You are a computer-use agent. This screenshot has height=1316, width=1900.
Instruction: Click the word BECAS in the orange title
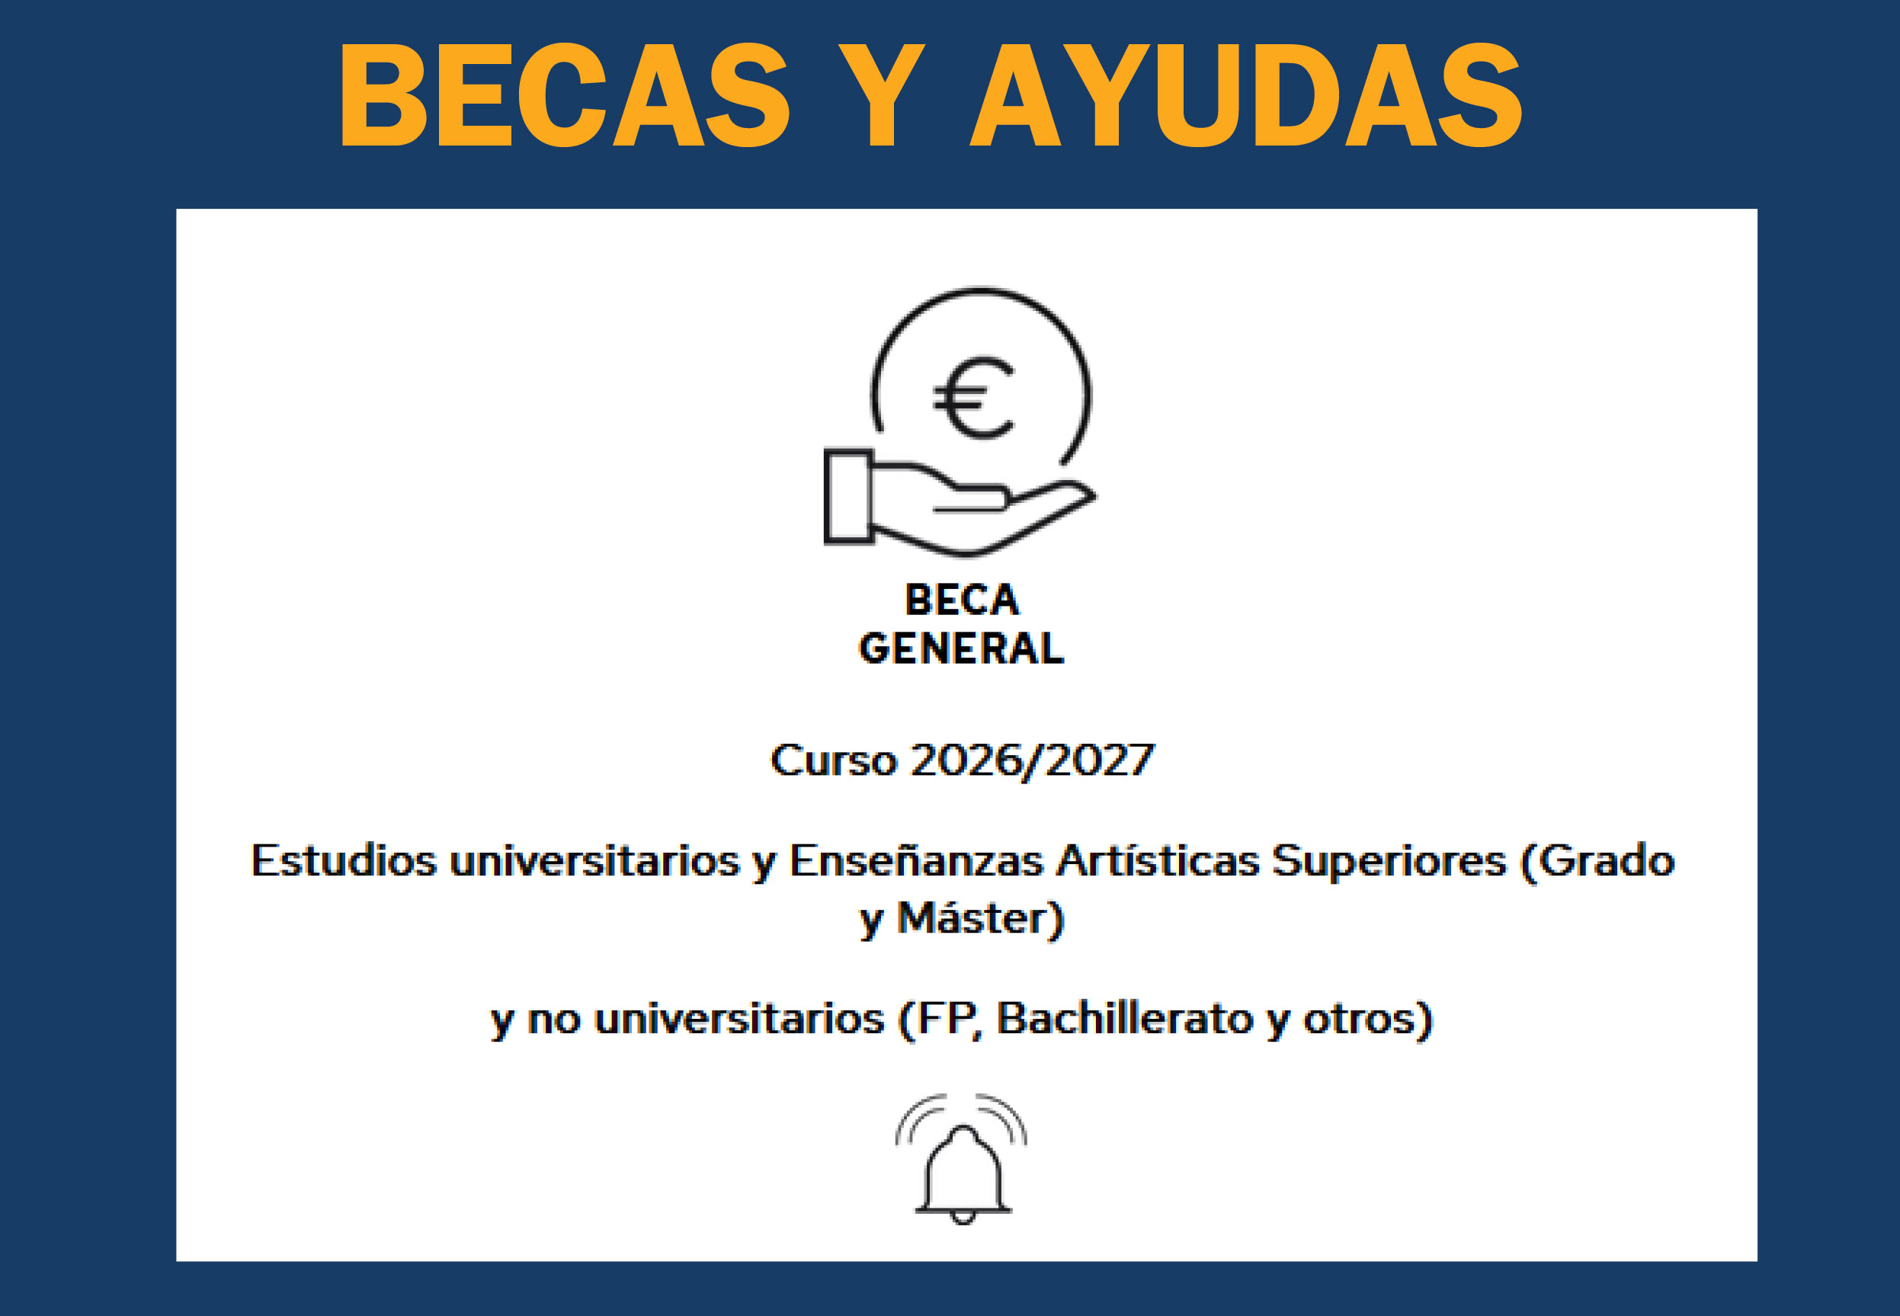click(x=565, y=94)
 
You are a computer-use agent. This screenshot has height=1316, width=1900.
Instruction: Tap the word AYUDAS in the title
click(x=1245, y=94)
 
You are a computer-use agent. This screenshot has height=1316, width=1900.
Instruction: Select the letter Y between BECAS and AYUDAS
click(x=882, y=94)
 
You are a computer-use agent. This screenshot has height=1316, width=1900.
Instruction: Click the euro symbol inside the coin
click(x=973, y=398)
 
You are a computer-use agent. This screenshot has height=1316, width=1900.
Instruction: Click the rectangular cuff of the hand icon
click(x=848, y=496)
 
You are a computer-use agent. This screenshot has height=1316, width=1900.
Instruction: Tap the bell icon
click(x=962, y=1158)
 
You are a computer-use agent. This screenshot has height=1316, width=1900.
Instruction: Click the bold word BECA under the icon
click(x=962, y=600)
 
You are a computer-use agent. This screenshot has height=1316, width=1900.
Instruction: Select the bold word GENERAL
click(x=962, y=648)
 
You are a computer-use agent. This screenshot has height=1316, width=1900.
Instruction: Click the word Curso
click(x=833, y=760)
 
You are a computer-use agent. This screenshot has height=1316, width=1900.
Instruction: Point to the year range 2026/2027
click(x=1033, y=760)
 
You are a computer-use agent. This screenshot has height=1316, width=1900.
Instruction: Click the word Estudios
click(x=343, y=861)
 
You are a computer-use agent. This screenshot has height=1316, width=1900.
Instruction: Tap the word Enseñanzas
click(x=916, y=861)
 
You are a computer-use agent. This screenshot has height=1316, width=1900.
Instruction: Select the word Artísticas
click(x=1158, y=861)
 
